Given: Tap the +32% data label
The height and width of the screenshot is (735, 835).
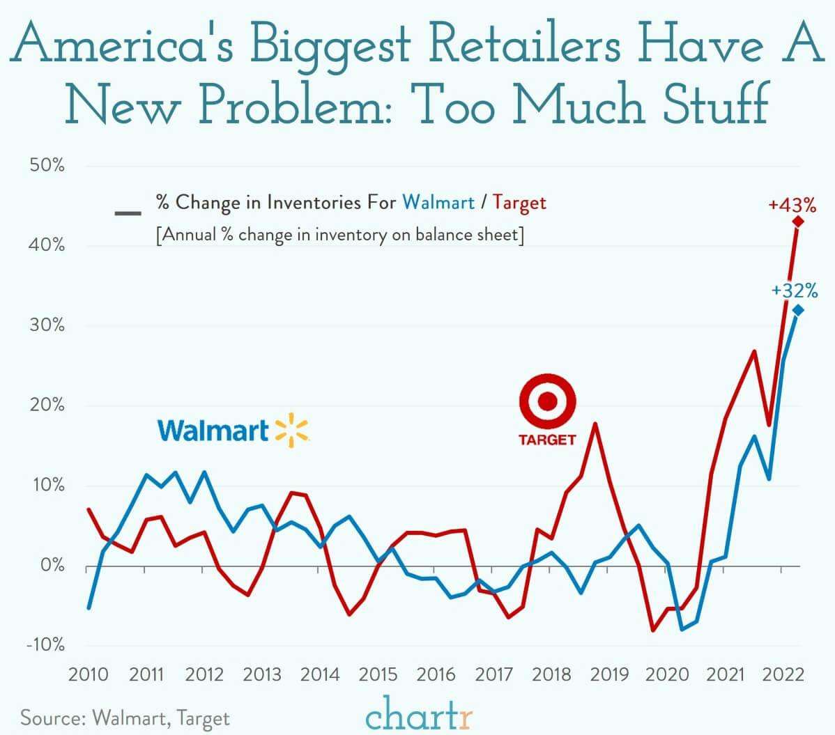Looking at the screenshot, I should pyautogui.click(x=794, y=291).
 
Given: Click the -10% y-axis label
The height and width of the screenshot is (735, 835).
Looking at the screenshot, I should pyautogui.click(x=45, y=644).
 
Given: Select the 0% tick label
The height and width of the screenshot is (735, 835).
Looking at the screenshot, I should pyautogui.click(x=52, y=565).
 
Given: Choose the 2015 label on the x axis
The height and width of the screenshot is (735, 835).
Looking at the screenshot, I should pyautogui.click(x=378, y=674).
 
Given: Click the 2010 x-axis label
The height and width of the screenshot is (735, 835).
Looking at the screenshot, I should pyautogui.click(x=89, y=674).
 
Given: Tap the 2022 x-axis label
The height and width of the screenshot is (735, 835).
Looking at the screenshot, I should pyautogui.click(x=782, y=674).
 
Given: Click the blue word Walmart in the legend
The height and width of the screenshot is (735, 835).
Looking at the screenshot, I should pyautogui.click(x=438, y=203).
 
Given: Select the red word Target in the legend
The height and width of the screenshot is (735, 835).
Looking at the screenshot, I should pyautogui.click(x=519, y=203).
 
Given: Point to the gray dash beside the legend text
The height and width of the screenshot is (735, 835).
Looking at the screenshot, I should pyautogui.click(x=128, y=212).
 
